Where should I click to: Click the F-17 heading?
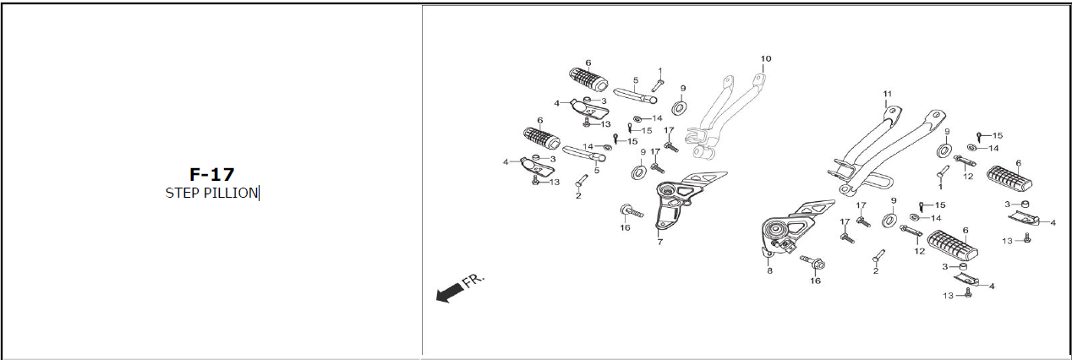tap(211, 174)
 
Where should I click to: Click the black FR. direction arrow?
tap(450, 292)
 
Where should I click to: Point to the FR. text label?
tap(473, 281)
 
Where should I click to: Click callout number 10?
tap(766, 59)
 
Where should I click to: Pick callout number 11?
tap(887, 94)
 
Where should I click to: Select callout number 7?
tap(660, 242)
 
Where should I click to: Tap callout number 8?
tap(769, 270)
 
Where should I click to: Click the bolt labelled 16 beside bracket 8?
tap(812, 262)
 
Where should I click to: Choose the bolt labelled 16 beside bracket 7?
tap(632, 210)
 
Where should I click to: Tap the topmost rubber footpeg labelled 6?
tap(588, 79)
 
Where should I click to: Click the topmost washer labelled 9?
tap(679, 107)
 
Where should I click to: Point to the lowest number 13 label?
tap(948, 296)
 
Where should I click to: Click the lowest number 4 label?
tap(992, 286)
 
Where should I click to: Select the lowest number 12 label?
tap(919, 252)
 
